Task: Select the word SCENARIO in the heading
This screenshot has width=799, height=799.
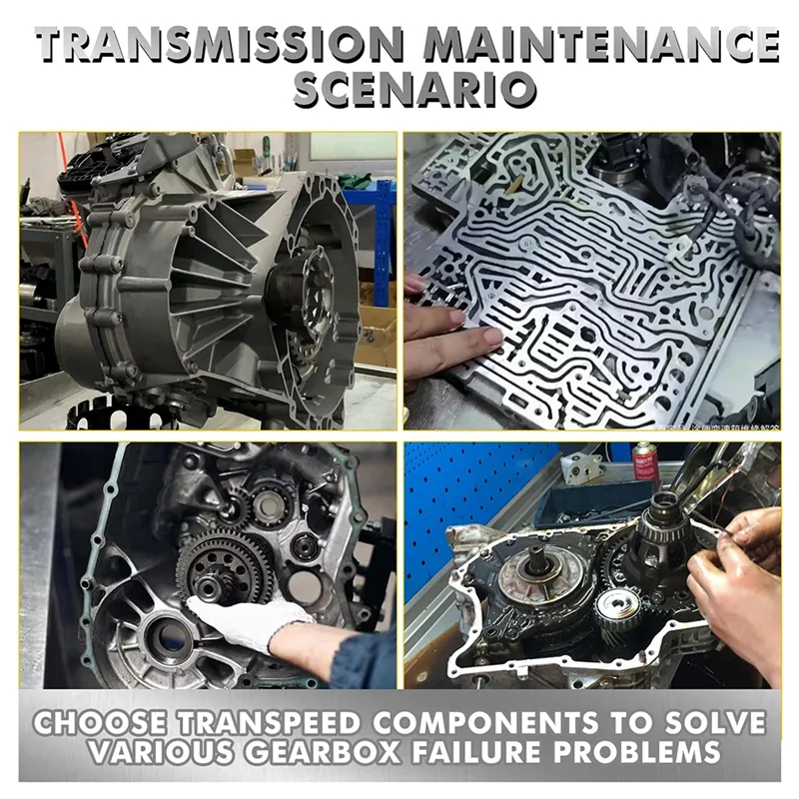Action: [399, 92]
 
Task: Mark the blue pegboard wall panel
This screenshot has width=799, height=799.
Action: [469, 499]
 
